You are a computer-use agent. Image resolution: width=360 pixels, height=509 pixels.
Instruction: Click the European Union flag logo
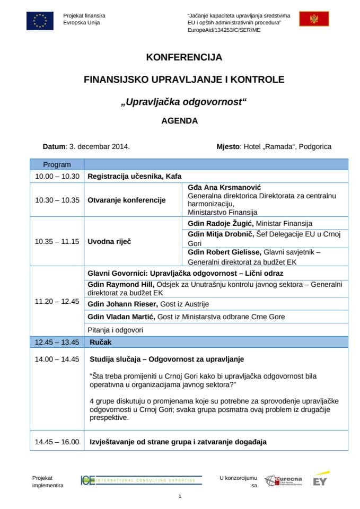(x=40, y=21)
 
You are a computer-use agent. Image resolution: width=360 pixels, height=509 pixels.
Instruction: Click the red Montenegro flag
(x=314, y=20)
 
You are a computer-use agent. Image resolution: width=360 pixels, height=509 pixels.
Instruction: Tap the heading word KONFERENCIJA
(x=184, y=57)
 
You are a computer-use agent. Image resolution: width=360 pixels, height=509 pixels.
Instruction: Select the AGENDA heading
(x=180, y=120)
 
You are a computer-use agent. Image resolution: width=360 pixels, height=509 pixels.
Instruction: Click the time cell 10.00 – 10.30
(x=57, y=177)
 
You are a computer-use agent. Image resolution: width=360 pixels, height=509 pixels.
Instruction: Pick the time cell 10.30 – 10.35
(x=57, y=200)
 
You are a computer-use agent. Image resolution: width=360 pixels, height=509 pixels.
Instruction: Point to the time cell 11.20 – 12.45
(x=57, y=301)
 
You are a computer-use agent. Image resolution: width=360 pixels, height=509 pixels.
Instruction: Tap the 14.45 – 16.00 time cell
(x=57, y=442)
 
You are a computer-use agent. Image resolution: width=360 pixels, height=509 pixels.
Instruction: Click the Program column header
(x=57, y=165)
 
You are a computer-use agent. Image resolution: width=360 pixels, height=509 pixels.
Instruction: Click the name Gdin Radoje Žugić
(x=221, y=223)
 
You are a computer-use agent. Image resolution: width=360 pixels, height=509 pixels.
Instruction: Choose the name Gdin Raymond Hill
(x=120, y=285)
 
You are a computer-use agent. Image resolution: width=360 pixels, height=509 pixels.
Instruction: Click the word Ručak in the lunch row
(x=100, y=342)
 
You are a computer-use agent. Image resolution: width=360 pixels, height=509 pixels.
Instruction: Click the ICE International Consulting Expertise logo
(x=141, y=480)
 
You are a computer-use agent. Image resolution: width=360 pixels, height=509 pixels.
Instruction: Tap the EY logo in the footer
(x=319, y=480)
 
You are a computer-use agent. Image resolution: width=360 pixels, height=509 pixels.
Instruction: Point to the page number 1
(x=180, y=496)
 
